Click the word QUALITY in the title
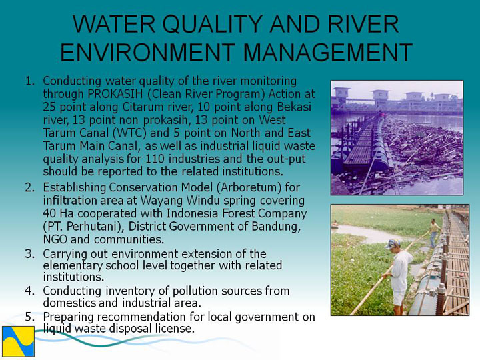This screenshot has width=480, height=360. click(x=213, y=24)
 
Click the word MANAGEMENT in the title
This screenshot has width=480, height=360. click(x=327, y=53)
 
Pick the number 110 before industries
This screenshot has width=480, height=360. click(x=155, y=159)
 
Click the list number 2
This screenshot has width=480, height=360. click(x=30, y=187)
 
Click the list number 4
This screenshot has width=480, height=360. click(x=30, y=291)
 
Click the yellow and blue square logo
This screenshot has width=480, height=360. click(x=19, y=341)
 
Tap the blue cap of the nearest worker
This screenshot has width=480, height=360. click(x=393, y=243)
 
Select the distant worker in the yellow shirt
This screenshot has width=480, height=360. click(x=435, y=232)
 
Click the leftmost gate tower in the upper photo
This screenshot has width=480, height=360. click(x=341, y=95)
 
